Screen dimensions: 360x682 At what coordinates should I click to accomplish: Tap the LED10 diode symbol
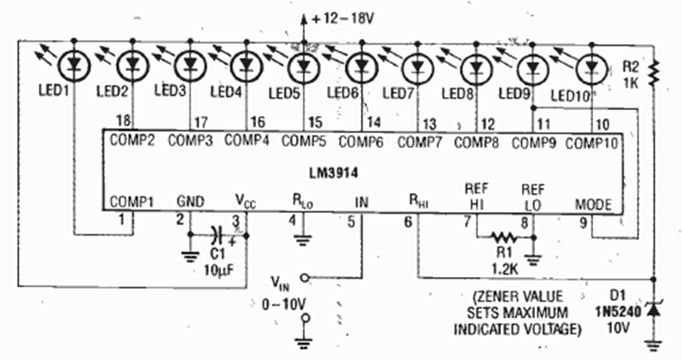tap(592, 66)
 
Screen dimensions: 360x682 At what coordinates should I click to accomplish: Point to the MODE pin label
tap(593, 204)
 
